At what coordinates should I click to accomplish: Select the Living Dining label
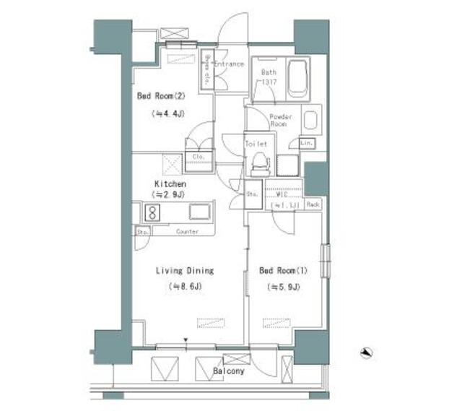[186, 271]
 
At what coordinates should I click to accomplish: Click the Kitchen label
[170, 183]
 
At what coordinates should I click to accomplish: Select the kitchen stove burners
[153, 212]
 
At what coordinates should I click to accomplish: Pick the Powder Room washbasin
[311, 120]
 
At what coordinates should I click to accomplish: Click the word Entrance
[229, 64]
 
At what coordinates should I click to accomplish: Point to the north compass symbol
[367, 352]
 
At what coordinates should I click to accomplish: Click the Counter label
[188, 231]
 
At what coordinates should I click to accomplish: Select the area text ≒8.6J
[186, 287]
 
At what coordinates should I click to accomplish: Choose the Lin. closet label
[306, 142]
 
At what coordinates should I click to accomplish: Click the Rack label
[313, 205]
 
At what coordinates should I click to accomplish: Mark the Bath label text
[269, 72]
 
